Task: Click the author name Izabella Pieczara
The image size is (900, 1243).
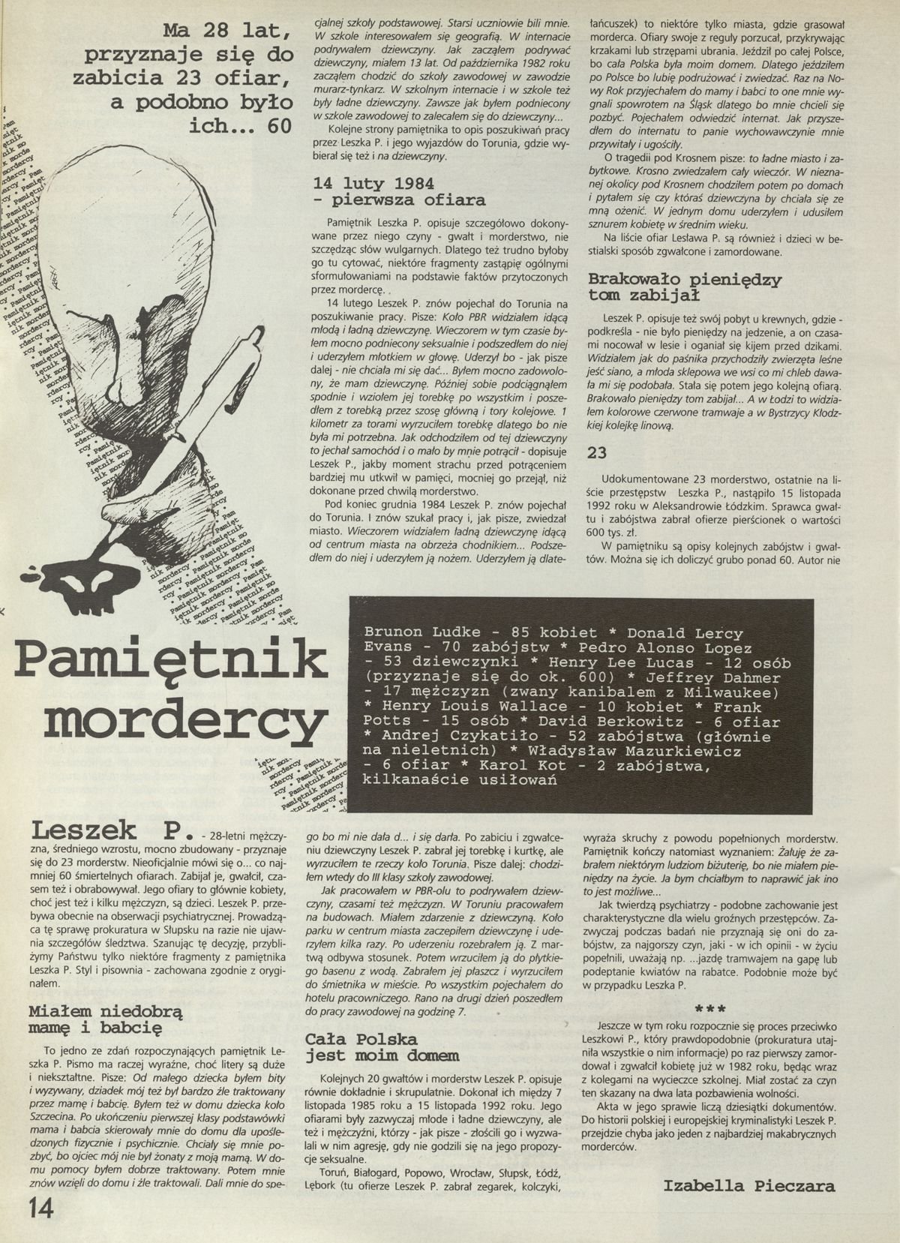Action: tap(748, 1185)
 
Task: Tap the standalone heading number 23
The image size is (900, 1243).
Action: tap(598, 453)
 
